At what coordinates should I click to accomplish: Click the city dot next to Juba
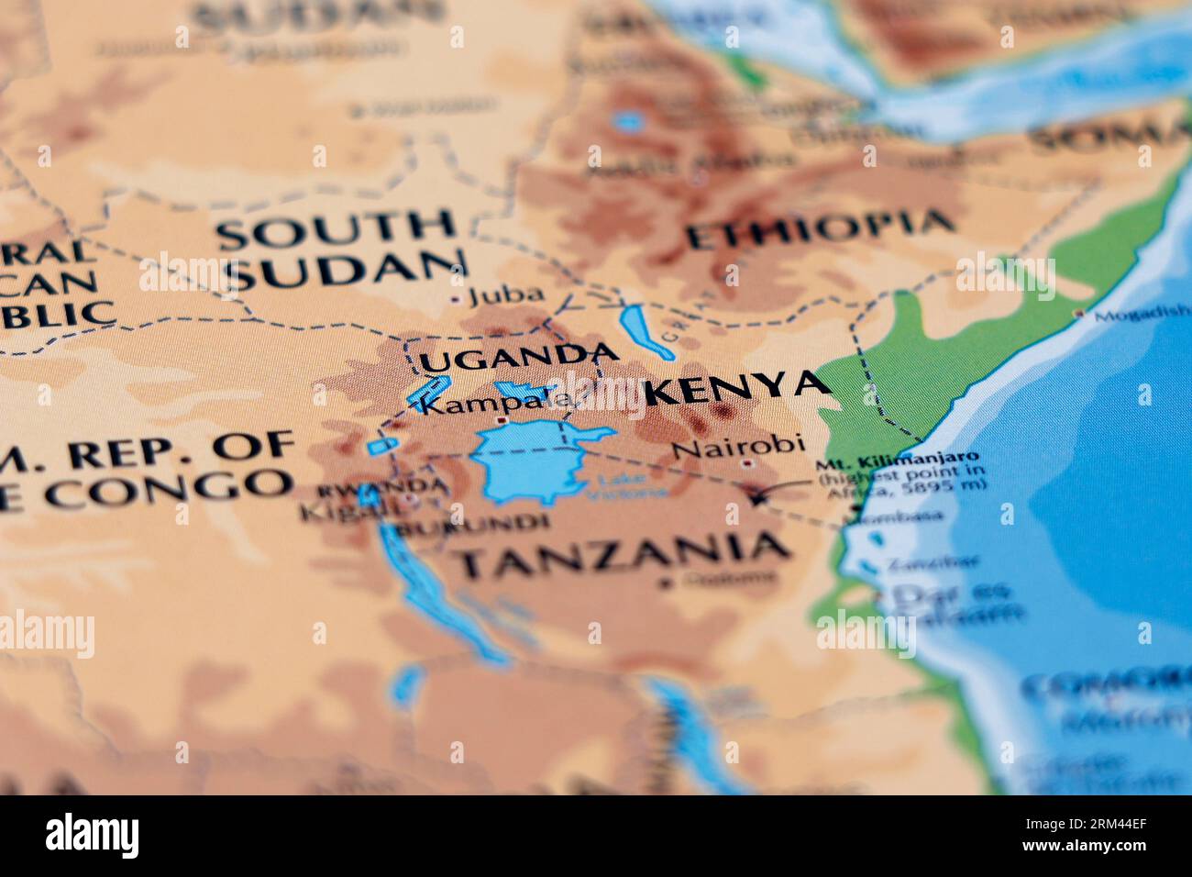tap(457, 298)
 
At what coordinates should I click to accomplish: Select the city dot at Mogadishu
tap(1079, 314)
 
